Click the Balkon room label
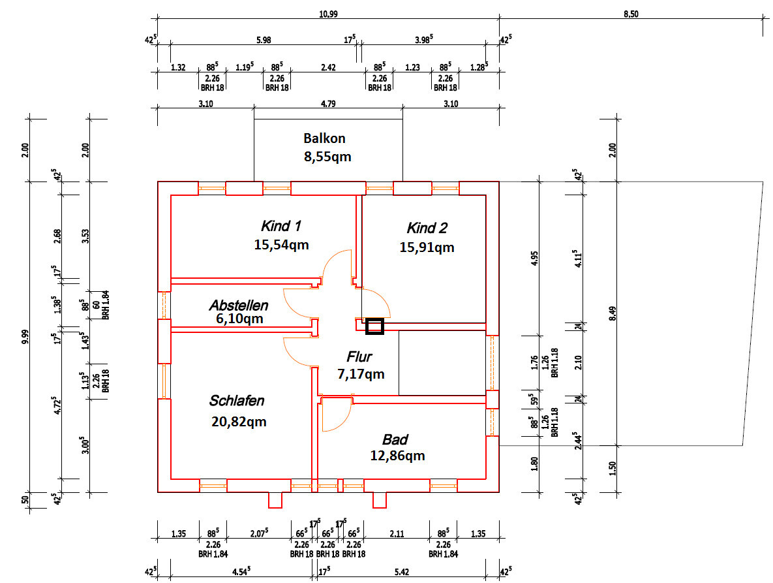(x=324, y=138)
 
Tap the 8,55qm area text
(x=328, y=157)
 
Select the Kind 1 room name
(x=280, y=226)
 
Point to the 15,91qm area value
(x=427, y=247)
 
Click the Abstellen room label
(x=239, y=306)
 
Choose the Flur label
(x=359, y=356)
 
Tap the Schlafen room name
(x=237, y=400)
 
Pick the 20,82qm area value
(x=239, y=422)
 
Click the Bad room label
(x=395, y=439)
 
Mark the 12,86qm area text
(x=397, y=456)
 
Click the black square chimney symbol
(x=374, y=326)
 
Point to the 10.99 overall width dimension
(x=328, y=14)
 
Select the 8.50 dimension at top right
(x=631, y=14)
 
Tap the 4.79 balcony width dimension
(x=328, y=104)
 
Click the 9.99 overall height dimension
(x=25, y=337)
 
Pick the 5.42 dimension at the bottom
(x=402, y=572)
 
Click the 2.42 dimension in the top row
(x=328, y=67)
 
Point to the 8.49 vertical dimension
(x=612, y=313)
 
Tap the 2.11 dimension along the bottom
(x=397, y=533)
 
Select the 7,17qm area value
(x=361, y=374)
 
